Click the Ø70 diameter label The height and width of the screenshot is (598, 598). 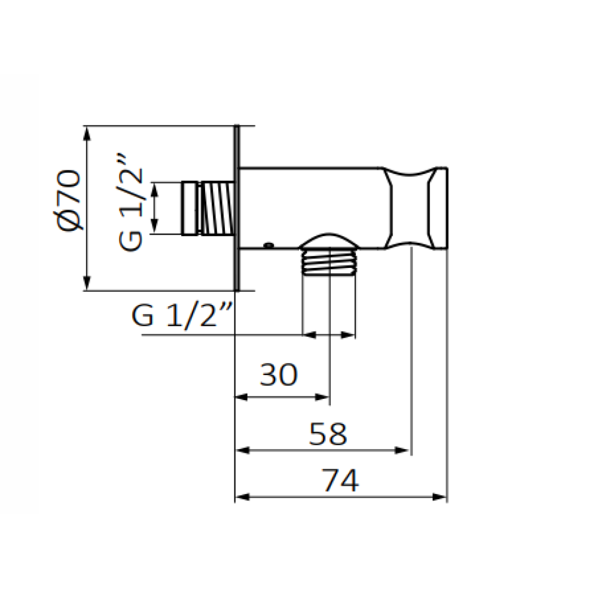click(69, 200)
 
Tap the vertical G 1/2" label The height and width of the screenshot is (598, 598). click(130, 202)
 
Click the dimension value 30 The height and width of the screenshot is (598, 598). click(279, 374)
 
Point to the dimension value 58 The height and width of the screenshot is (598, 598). click(328, 434)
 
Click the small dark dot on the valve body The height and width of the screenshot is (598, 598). click(269, 245)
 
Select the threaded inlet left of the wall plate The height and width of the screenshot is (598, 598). click(218, 208)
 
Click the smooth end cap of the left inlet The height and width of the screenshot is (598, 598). click(190, 208)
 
